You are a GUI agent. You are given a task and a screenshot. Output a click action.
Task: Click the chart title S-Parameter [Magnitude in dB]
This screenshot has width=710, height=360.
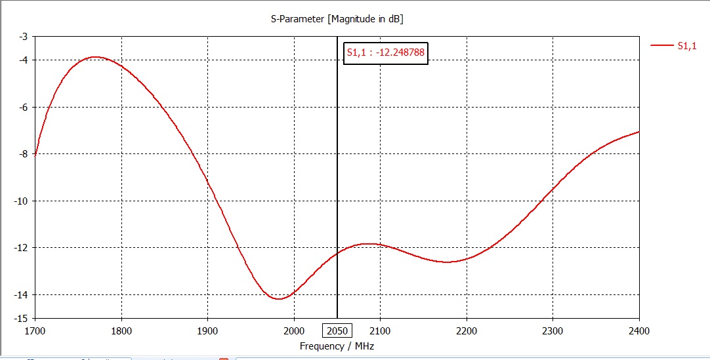(x=337, y=19)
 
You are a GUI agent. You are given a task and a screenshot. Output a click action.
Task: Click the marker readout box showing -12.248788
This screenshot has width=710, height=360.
(x=386, y=54)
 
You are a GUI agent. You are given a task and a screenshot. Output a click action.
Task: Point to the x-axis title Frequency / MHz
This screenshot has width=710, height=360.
(x=337, y=346)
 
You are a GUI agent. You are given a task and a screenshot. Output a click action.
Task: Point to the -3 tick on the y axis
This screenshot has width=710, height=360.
(x=23, y=37)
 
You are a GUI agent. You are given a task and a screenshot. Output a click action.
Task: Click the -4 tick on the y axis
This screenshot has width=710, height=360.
(x=23, y=60)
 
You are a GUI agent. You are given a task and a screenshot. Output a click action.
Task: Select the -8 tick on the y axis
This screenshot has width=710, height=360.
(x=23, y=154)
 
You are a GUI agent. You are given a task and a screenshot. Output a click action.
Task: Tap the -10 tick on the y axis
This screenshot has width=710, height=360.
(x=21, y=201)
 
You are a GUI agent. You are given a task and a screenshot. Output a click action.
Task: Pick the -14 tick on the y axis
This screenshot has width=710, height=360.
(x=21, y=294)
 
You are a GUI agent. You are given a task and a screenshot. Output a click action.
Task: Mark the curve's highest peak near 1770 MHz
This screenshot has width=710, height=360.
(x=96, y=57)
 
